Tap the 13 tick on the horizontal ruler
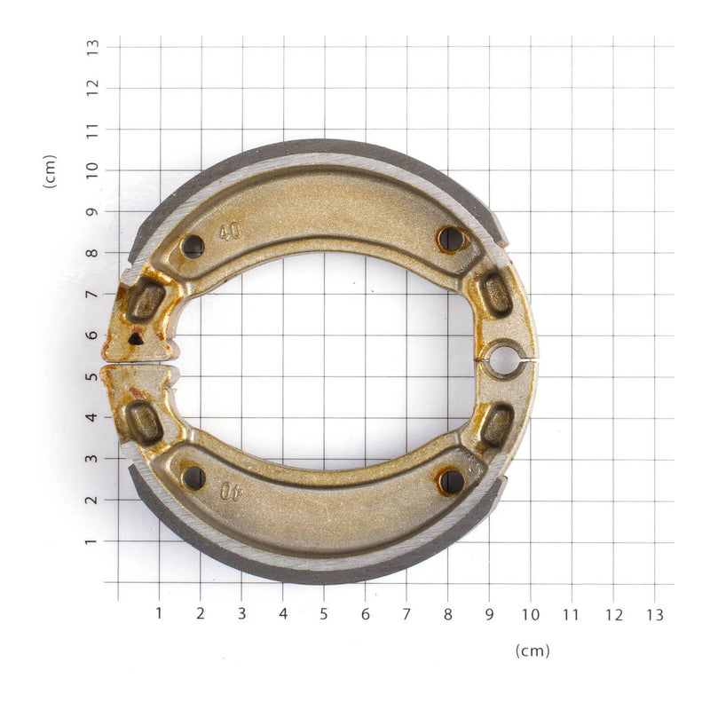pyautogui.click(x=654, y=613)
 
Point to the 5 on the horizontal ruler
pyautogui.click(x=324, y=613)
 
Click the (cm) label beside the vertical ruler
pyautogui.click(x=50, y=171)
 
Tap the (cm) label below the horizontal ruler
pyautogui.click(x=532, y=651)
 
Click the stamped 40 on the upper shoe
pyautogui.click(x=230, y=233)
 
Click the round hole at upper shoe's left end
pyautogui.click(x=193, y=246)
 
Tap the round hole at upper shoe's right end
pyautogui.click(x=451, y=238)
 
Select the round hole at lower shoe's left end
pyautogui.click(x=193, y=477)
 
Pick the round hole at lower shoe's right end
pyautogui.click(x=452, y=482)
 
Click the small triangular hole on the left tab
pyautogui.click(x=135, y=338)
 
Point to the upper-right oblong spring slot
pyautogui.click(x=496, y=294)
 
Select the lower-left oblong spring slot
pyautogui.click(x=145, y=422)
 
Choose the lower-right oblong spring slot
pyautogui.click(x=497, y=425)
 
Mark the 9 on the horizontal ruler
pyautogui.click(x=489, y=613)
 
